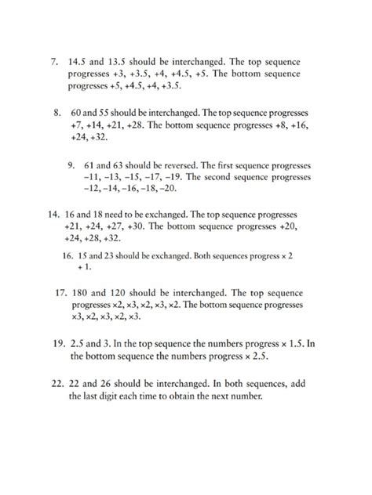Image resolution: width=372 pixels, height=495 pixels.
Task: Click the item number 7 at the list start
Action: (53, 61)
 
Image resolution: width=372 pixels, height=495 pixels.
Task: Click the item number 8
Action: (58, 112)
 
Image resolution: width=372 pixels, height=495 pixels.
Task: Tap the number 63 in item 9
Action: (122, 165)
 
